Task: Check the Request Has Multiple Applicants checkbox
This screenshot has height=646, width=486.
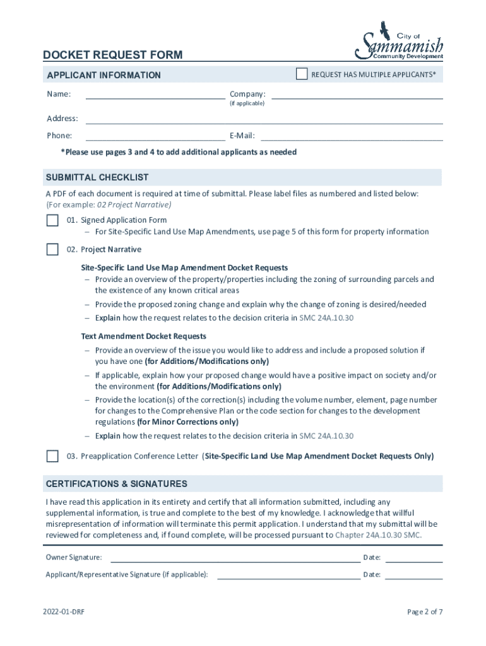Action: (302, 74)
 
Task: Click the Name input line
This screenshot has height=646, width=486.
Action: (155, 95)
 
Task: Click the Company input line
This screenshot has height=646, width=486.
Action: (357, 95)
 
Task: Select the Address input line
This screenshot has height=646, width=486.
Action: (264, 119)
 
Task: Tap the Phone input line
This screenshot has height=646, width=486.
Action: (155, 136)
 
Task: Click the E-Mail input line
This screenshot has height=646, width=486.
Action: (352, 136)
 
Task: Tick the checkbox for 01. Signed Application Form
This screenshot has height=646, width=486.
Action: (52, 220)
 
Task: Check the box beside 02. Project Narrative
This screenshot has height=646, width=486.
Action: (52, 249)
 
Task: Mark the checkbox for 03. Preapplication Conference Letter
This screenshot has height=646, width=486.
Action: (52, 456)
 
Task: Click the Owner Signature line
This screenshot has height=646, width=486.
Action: (235, 558)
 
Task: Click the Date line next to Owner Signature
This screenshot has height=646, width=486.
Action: (413, 558)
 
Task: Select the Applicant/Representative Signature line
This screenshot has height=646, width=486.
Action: (288, 575)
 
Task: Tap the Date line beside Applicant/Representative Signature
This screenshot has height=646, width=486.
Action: (413, 575)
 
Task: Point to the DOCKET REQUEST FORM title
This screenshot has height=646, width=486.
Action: (113, 55)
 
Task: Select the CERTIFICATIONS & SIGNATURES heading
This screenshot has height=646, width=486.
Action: (117, 484)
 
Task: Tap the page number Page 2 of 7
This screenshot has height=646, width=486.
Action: (425, 612)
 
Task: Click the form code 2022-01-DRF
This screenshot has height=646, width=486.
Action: (64, 612)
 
